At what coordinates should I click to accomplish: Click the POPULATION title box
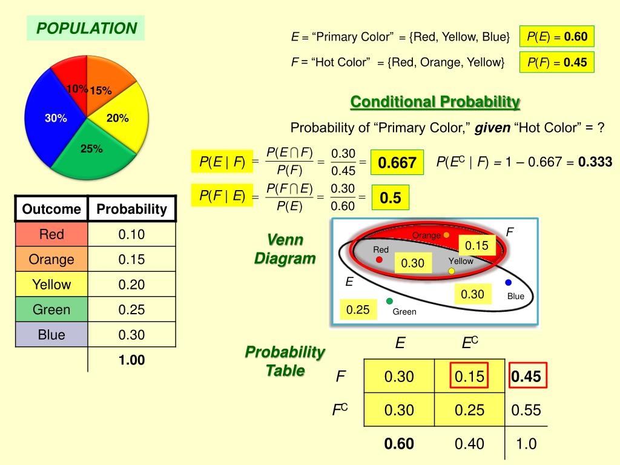coord(86,28)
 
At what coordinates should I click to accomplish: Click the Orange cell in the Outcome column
coord(51,260)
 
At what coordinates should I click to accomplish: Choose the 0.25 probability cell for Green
coord(131,309)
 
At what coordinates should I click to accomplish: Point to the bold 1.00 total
coord(131,360)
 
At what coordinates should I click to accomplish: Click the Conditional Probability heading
coord(435,102)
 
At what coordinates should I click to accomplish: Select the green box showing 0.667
coord(397,163)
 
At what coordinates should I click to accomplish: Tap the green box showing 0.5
coord(391,198)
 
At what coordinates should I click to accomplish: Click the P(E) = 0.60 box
coord(557,37)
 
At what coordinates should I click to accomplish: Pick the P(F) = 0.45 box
coord(557,62)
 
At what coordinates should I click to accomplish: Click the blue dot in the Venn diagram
coord(508,283)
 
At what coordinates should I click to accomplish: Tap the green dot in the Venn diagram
coord(389,301)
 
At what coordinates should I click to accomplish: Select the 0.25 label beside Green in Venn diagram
coord(358,310)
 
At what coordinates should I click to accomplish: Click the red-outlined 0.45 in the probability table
coord(526,377)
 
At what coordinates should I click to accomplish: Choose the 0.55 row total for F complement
coord(526,410)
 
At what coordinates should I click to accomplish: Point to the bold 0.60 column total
coord(399,444)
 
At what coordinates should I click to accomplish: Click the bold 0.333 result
coord(595,162)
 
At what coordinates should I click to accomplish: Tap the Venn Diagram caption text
coord(285,249)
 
